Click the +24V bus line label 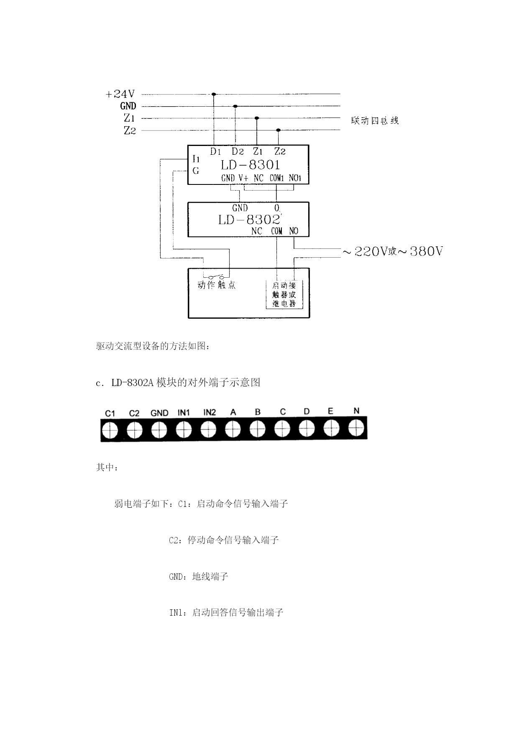[120, 94]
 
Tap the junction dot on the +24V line [214, 94]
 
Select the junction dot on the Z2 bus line [279, 130]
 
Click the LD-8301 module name [251, 165]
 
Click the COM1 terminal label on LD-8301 [276, 178]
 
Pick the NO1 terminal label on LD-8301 [295, 178]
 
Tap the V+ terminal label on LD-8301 [243, 178]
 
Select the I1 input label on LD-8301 [196, 159]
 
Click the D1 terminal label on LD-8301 [215, 151]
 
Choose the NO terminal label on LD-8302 [294, 231]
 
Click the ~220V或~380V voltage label [393, 251]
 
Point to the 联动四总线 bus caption [375, 121]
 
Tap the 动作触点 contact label [217, 285]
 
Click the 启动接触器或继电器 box [284, 294]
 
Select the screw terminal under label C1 [110, 430]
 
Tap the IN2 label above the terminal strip [210, 412]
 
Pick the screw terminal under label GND [159, 430]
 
